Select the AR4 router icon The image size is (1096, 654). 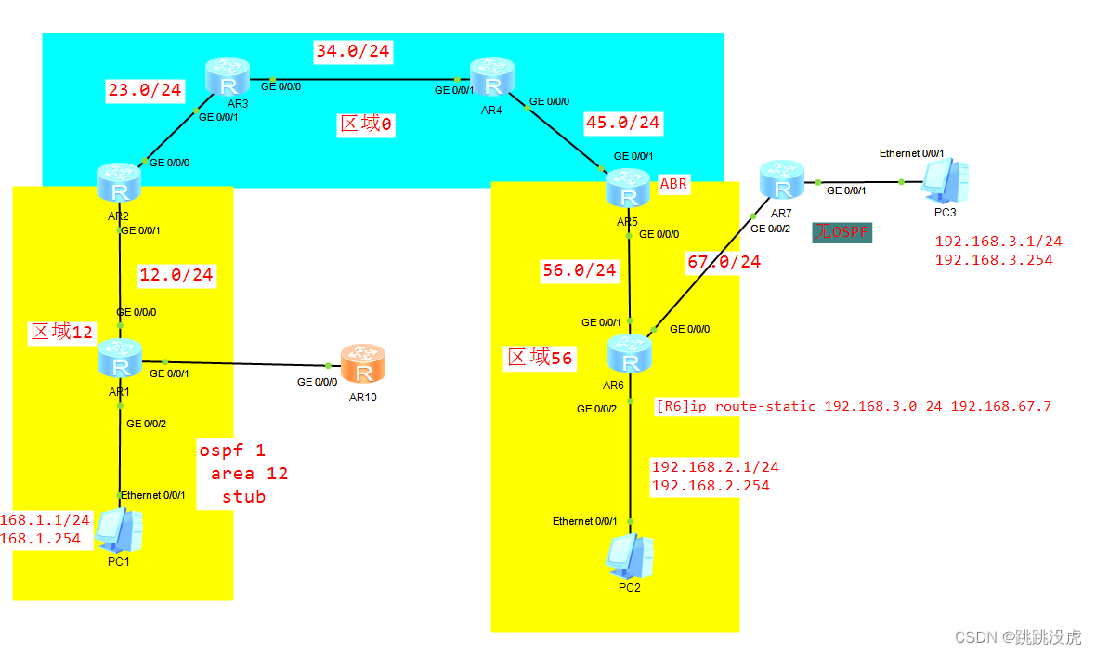pos(492,77)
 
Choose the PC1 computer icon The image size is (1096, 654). pos(122,530)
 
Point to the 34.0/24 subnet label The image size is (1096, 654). pos(353,51)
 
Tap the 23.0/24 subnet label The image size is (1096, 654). pos(145,90)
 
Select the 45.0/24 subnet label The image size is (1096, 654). pos(622,122)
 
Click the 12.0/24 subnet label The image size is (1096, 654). pos(176,274)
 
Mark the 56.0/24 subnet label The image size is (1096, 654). pos(580,270)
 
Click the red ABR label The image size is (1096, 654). pos(673,184)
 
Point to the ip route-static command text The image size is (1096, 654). pos(854,406)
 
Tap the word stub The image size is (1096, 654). pos(243,497)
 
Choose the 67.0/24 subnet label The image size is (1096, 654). pos(724,262)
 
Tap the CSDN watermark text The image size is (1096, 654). pos(1018,637)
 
